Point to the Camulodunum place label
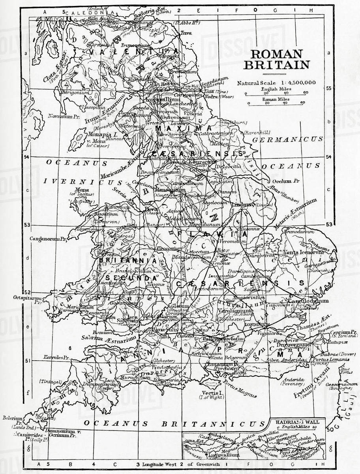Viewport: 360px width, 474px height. tap(310, 301)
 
